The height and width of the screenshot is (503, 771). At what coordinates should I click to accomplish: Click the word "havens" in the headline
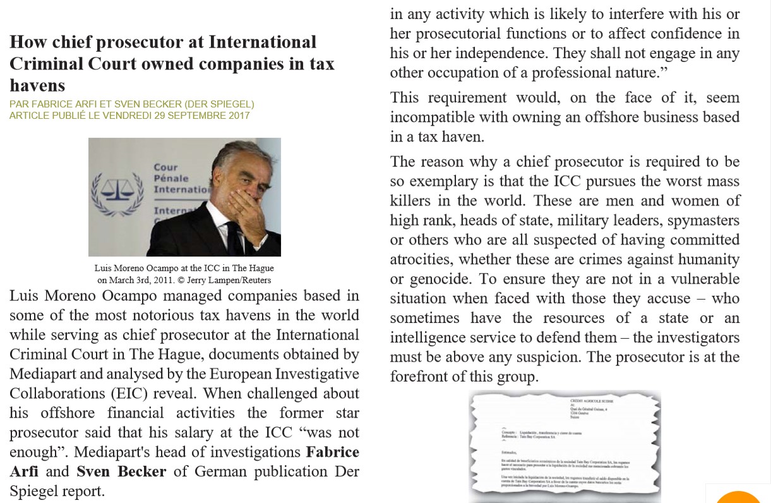[37, 85]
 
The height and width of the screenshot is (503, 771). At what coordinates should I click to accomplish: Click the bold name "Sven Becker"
[121, 471]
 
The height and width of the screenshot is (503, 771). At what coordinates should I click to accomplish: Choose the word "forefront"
[420, 377]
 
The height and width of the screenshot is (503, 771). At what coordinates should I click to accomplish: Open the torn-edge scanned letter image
[565, 446]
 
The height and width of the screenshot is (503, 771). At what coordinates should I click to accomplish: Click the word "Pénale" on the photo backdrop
[170, 178]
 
